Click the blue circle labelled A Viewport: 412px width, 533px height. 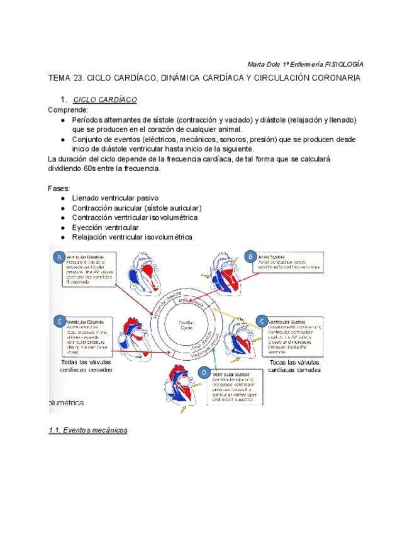pos(58,257)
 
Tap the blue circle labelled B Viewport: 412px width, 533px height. pos(250,256)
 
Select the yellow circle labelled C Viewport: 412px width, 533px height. pos(262,321)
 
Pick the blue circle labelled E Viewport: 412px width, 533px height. pos(58,321)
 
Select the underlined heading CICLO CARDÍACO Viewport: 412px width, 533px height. pos(105,100)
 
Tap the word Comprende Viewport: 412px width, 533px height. pos(68,109)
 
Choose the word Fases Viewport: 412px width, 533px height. pos(58,188)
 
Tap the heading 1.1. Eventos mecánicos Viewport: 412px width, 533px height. pos(88,431)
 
